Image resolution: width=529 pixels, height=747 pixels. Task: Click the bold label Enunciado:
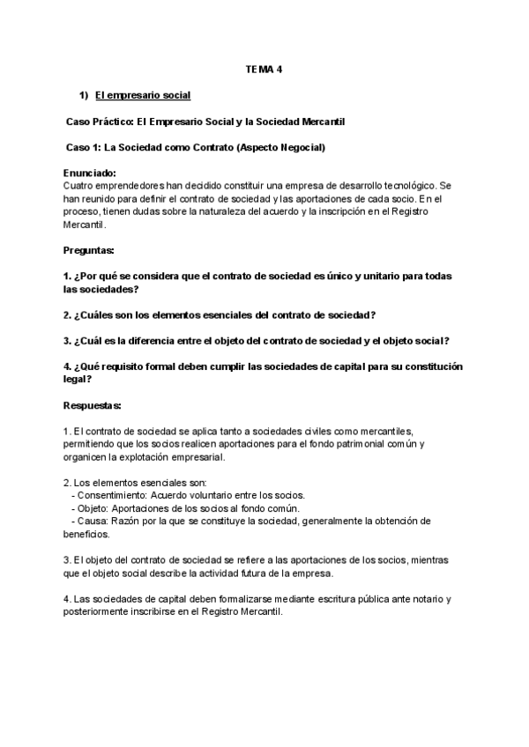coord(90,174)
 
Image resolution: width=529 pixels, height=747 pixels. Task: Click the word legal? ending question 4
coord(77,379)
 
